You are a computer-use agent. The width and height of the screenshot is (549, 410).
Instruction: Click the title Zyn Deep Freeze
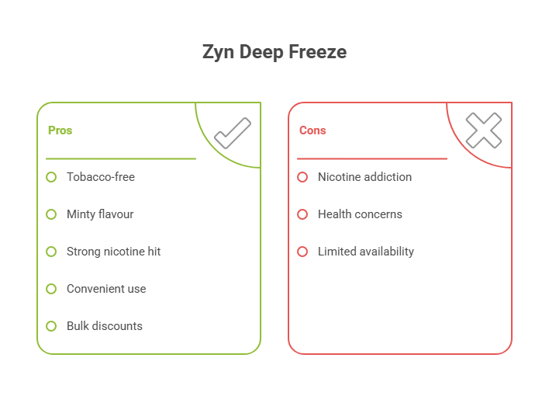274,53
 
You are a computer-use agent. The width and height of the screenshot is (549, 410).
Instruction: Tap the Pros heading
60,130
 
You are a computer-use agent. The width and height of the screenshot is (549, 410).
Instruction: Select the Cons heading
312,130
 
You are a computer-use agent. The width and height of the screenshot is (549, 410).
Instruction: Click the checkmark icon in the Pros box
232,133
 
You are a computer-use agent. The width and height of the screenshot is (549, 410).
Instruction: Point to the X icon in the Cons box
483,130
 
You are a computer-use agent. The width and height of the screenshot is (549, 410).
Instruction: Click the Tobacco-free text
101,177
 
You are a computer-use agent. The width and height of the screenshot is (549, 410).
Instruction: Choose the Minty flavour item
100,214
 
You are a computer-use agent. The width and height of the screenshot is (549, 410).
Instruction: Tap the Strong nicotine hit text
114,252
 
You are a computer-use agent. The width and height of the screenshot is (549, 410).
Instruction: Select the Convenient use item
106,289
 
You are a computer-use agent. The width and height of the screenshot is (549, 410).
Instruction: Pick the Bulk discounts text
105,326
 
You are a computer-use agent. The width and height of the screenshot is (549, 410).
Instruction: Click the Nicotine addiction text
364,177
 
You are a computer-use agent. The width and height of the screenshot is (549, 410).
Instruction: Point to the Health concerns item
360,214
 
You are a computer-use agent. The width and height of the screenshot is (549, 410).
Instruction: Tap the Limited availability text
365,252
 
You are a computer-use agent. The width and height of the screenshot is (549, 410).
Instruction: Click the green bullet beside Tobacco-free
51,177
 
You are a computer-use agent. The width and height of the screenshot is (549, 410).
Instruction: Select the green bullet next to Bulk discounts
51,326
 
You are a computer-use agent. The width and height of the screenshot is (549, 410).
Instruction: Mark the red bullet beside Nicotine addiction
302,177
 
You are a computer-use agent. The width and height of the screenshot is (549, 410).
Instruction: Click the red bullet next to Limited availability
302,252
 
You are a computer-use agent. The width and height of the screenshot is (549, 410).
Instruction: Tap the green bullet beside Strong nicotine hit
51,252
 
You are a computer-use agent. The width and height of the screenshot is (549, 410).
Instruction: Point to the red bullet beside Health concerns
302,214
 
